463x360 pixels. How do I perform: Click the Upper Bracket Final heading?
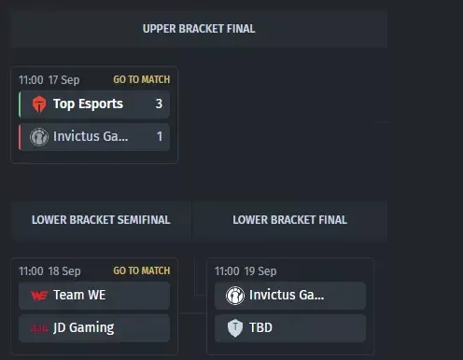[x=199, y=29]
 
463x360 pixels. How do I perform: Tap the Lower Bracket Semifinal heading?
[x=101, y=220]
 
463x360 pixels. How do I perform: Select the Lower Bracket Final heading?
[x=289, y=220]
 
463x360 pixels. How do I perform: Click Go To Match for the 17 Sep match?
[x=142, y=79]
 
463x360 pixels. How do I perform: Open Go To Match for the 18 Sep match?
[x=142, y=270]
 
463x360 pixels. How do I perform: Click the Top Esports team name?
[x=88, y=104]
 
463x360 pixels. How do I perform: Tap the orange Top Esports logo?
[x=39, y=104]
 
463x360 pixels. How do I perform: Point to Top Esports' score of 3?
[x=159, y=104]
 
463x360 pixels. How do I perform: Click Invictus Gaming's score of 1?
[x=160, y=136]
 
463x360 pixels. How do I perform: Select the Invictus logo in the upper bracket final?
[x=39, y=137]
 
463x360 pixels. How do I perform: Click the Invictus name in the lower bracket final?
[x=287, y=295]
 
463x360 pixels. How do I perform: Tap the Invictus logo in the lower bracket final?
[x=235, y=296]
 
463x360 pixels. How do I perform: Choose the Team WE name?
[x=79, y=295]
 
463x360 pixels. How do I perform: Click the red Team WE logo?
[x=39, y=296]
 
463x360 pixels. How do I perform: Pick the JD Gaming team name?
[x=84, y=328]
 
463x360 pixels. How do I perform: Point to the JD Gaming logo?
[x=39, y=328]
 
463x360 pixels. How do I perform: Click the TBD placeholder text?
[x=260, y=327]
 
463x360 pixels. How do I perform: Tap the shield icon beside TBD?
[x=235, y=328]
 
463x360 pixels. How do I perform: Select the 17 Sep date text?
[x=64, y=80]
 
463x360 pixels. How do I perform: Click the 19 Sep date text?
[x=260, y=271]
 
